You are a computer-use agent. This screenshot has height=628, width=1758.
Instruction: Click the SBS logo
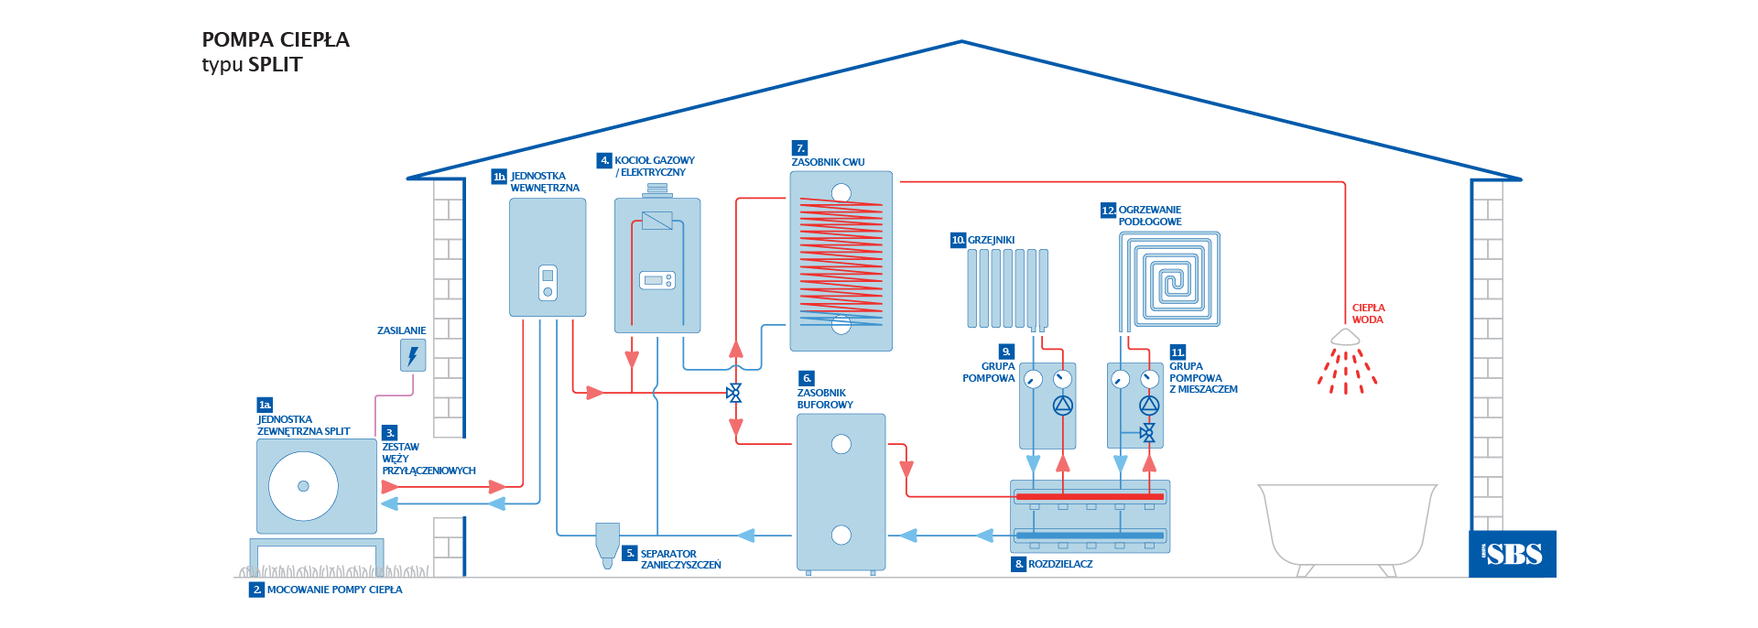pyautogui.click(x=1513, y=554)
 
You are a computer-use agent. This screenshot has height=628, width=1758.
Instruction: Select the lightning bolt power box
pyautogui.click(x=413, y=355)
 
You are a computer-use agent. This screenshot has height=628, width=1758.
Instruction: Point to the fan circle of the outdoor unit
pyautogui.click(x=303, y=486)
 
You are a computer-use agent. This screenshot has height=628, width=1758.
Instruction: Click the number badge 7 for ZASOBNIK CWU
pyautogui.click(x=800, y=148)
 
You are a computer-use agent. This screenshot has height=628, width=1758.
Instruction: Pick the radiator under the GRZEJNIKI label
pyautogui.click(x=1007, y=288)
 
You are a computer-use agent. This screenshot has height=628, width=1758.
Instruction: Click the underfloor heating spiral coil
pyautogui.click(x=1169, y=279)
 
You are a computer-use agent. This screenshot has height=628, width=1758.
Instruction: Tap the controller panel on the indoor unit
pyautogui.click(x=548, y=283)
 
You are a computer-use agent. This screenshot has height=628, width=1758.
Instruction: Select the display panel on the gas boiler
pyautogui.click(x=657, y=280)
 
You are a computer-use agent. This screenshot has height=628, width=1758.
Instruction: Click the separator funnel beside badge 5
pyautogui.click(x=607, y=541)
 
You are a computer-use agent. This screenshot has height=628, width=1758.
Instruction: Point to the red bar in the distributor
pyautogui.click(x=1090, y=496)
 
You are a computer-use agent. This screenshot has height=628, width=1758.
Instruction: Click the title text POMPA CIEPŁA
pyautogui.click(x=276, y=39)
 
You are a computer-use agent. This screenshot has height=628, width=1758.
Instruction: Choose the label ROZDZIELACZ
pyautogui.click(x=1060, y=564)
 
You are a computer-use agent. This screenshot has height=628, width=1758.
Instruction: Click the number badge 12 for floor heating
pyautogui.click(x=1108, y=211)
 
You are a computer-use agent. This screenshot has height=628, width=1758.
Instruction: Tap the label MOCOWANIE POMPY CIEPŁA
pyautogui.click(x=334, y=590)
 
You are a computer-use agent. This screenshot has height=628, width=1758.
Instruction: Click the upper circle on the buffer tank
pyautogui.click(x=841, y=444)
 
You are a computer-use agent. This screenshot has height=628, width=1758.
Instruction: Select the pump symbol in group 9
pyautogui.click(x=1062, y=405)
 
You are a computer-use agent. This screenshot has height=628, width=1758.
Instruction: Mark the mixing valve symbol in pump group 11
pyautogui.click(x=1148, y=432)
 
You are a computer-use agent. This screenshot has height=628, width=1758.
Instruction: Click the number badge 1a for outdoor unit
pyautogui.click(x=265, y=405)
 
